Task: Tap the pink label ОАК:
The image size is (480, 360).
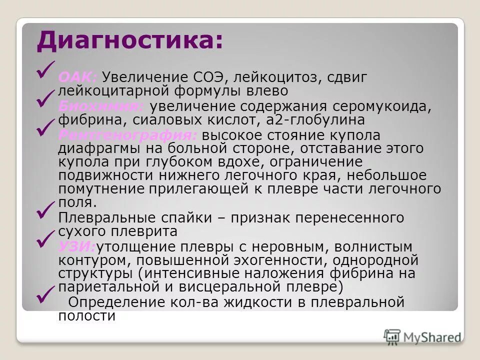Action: point(78,78)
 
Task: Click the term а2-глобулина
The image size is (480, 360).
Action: point(316,120)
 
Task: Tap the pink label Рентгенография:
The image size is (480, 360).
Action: point(128,135)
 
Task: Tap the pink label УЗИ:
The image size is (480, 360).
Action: point(77,246)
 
